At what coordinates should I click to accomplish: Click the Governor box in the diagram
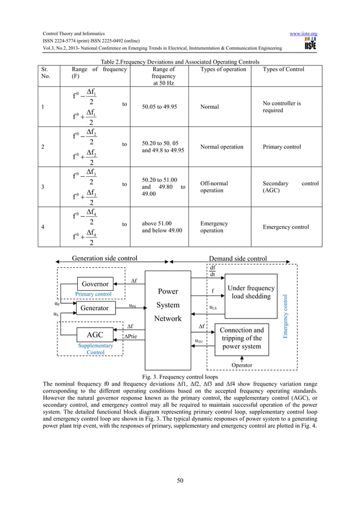pos(95,284)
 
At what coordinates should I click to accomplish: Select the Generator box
pos(95,308)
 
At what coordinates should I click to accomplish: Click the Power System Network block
pos(168,306)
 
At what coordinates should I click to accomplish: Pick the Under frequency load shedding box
pos(250,292)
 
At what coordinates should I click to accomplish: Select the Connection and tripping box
pos(241,338)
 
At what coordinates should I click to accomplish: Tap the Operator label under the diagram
pos(242,365)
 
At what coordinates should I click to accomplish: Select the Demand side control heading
pos(238,259)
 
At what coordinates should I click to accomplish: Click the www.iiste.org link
pos(303,33)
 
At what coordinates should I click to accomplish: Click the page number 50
pos(180,480)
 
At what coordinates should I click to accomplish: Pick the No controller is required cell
pos(282,107)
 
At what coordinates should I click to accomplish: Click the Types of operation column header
pos(223,69)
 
